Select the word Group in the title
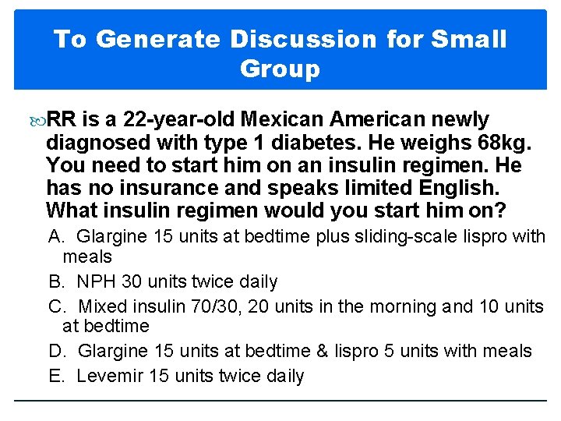(x=280, y=69)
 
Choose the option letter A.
(x=55, y=235)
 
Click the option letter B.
(x=55, y=281)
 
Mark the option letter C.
(x=55, y=306)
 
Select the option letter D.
(x=55, y=352)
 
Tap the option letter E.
(x=55, y=377)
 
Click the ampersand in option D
(x=323, y=352)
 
